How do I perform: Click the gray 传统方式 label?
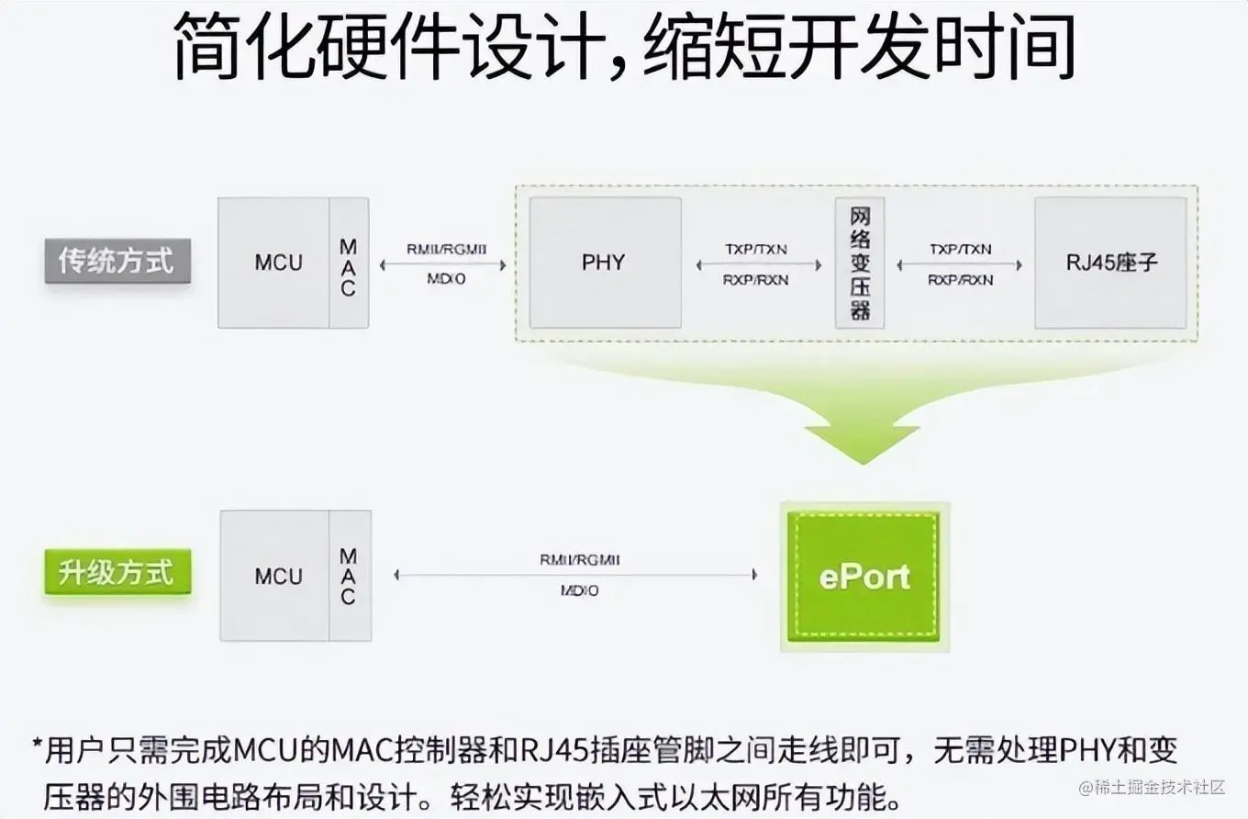click(117, 262)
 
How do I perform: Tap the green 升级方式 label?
click(117, 574)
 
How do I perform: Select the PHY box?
click(605, 263)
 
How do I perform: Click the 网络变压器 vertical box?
click(860, 263)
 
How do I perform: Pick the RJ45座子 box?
click(1111, 263)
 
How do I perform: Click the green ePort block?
click(864, 577)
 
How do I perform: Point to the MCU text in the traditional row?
click(277, 263)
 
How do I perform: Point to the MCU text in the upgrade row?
click(277, 577)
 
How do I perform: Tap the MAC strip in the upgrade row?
click(349, 577)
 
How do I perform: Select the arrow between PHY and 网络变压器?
click(758, 264)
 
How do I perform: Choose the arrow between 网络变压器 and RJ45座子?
click(960, 264)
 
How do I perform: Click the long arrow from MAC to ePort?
click(576, 575)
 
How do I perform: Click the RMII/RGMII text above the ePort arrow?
click(580, 558)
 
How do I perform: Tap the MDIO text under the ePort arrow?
click(580, 591)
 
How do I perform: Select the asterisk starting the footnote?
click(38, 745)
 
